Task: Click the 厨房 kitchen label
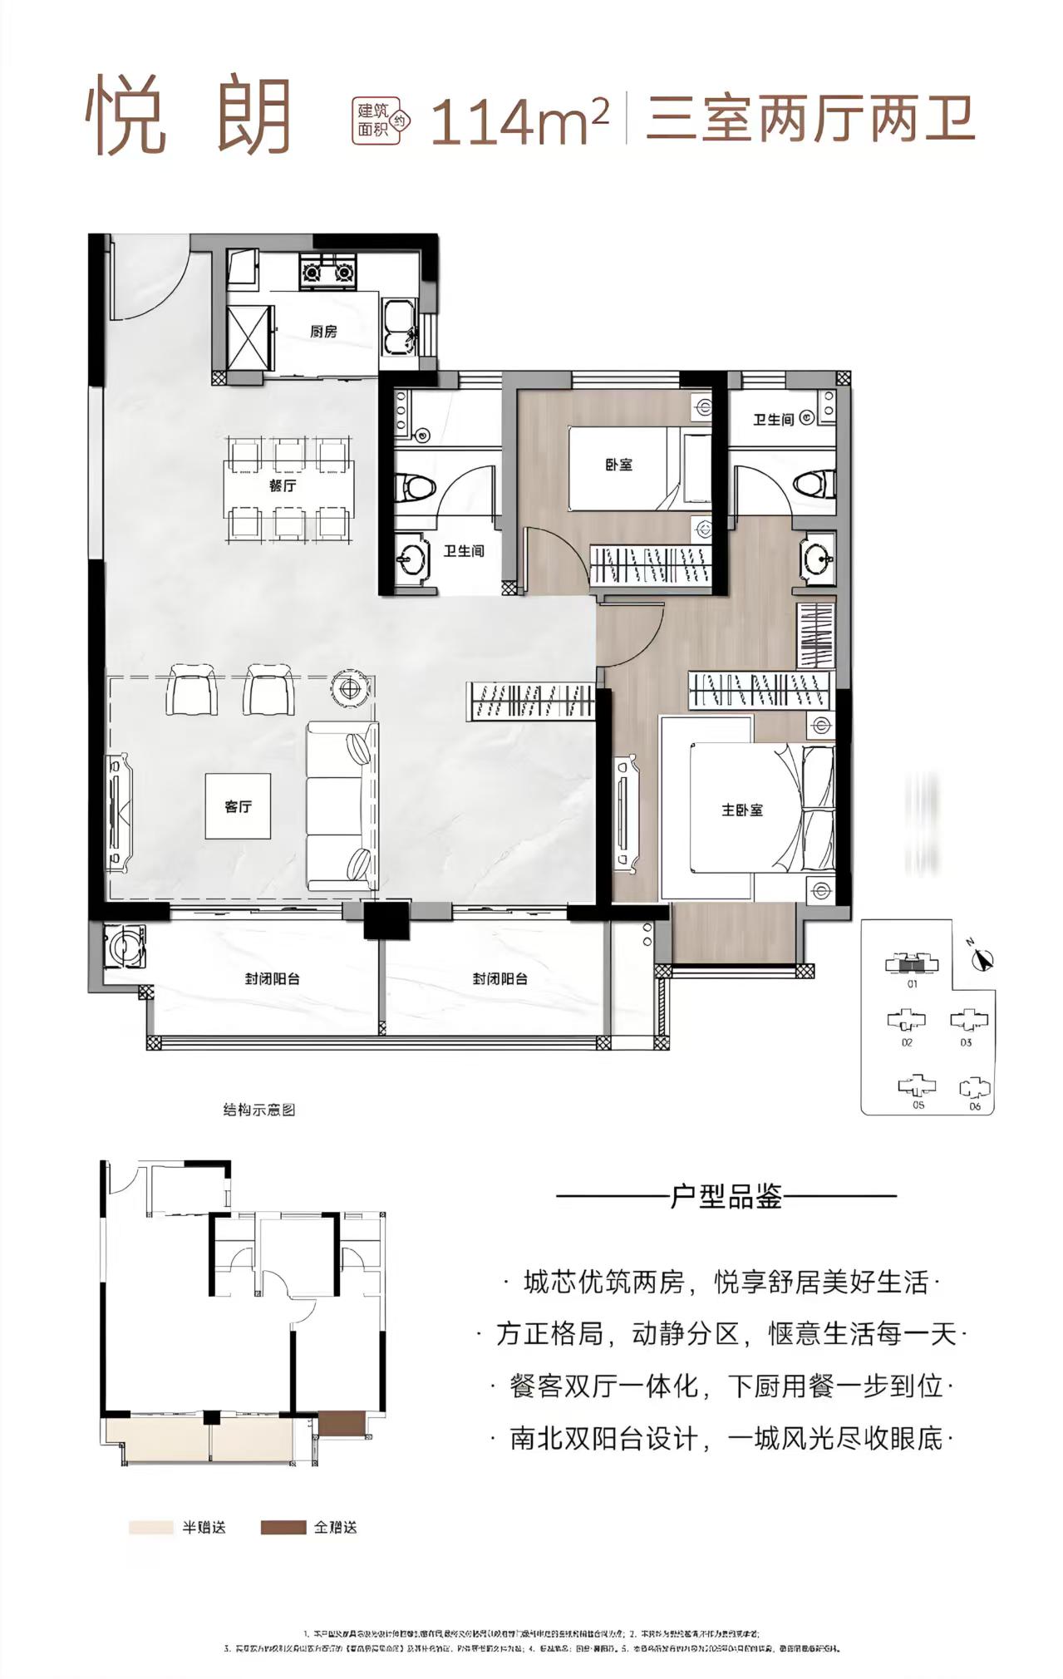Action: tap(323, 332)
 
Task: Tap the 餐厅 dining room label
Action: tap(283, 486)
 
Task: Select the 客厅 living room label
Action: tap(239, 806)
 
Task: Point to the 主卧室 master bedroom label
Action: tap(741, 810)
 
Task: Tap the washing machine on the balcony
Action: tap(125, 947)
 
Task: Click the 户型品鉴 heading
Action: tap(726, 1197)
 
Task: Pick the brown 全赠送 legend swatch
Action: tap(283, 1527)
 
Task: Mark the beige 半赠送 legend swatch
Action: tap(152, 1527)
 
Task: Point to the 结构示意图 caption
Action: tap(259, 1110)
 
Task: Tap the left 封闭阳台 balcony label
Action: tap(272, 978)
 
